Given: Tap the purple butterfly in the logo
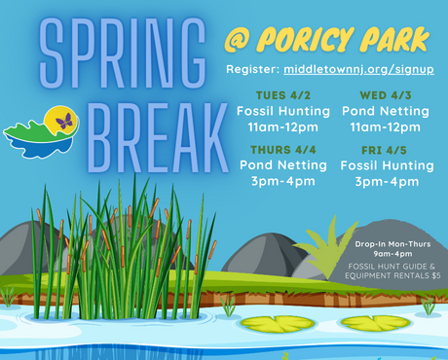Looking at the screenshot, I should (65, 121).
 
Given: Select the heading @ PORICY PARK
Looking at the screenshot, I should (325, 40).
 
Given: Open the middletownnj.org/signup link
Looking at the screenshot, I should (357, 71).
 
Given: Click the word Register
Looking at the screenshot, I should (251, 71).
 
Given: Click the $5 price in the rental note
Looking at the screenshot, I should (435, 275).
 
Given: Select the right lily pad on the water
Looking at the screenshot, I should (375, 322).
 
